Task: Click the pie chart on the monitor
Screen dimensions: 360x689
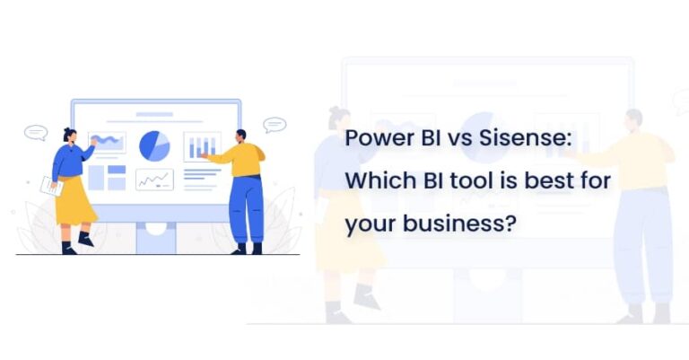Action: (154, 145)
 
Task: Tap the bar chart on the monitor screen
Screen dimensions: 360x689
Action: (202, 146)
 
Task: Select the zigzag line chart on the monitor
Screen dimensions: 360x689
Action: (154, 180)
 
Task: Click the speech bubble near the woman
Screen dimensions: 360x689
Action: (35, 132)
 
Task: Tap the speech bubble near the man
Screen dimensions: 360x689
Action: (275, 125)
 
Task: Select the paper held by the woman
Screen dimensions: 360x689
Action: (51, 186)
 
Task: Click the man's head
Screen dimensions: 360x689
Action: (240, 136)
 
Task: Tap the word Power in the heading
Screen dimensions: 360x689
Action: (373, 140)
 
